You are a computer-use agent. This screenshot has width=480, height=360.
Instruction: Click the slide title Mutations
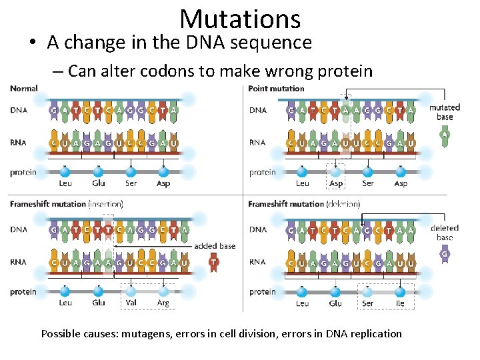click(240, 18)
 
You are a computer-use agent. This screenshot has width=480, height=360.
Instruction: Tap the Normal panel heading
click(24, 88)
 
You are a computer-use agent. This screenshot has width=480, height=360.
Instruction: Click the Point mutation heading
click(276, 88)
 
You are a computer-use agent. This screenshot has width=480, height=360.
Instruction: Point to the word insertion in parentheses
click(105, 203)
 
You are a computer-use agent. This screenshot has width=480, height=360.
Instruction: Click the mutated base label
click(445, 112)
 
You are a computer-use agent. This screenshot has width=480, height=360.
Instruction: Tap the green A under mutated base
click(445, 135)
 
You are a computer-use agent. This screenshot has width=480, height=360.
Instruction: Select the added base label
click(215, 246)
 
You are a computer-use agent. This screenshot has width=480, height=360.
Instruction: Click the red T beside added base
click(213, 262)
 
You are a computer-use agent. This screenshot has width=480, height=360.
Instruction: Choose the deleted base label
click(445, 233)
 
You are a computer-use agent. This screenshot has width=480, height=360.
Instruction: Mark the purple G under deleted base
click(445, 254)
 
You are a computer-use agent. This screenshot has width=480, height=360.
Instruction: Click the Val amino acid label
click(131, 303)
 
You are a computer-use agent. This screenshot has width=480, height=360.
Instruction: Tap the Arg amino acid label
click(163, 303)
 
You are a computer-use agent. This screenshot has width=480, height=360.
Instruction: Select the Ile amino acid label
click(400, 303)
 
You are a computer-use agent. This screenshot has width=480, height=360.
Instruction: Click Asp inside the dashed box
click(336, 183)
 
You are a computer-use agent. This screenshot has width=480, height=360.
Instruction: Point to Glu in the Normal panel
click(99, 183)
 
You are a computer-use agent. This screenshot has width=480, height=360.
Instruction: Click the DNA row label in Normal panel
click(18, 110)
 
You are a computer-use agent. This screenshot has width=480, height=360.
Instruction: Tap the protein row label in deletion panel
click(262, 292)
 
